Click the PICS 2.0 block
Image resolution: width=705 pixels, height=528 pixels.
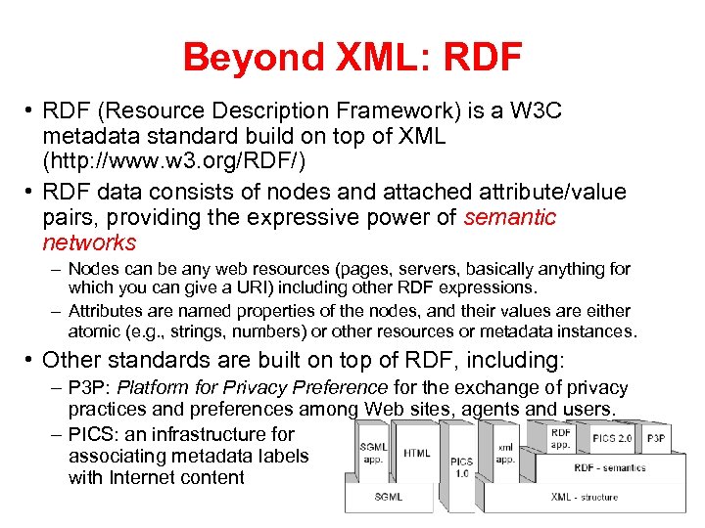click(x=612, y=437)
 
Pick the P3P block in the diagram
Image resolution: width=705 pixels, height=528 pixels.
click(x=656, y=438)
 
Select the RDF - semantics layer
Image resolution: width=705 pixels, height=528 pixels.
click(x=609, y=467)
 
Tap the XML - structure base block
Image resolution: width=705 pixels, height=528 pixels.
click(x=584, y=497)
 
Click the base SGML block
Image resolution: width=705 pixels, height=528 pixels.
click(x=388, y=497)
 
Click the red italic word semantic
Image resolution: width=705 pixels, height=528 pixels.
click(x=509, y=217)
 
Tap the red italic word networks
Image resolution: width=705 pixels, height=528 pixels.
click(x=89, y=242)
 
